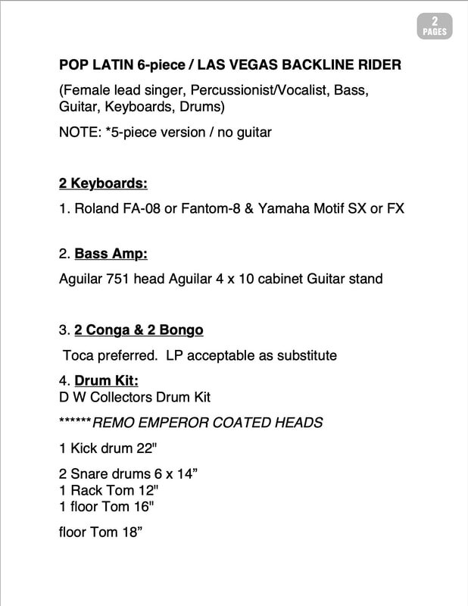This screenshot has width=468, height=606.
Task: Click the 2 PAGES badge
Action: pos(435,27)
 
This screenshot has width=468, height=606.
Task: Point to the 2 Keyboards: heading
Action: pos(103,183)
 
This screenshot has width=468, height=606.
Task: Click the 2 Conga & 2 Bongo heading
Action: pos(139,330)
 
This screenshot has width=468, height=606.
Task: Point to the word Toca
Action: pos(79,355)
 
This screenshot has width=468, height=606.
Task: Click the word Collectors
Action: pos(126,397)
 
